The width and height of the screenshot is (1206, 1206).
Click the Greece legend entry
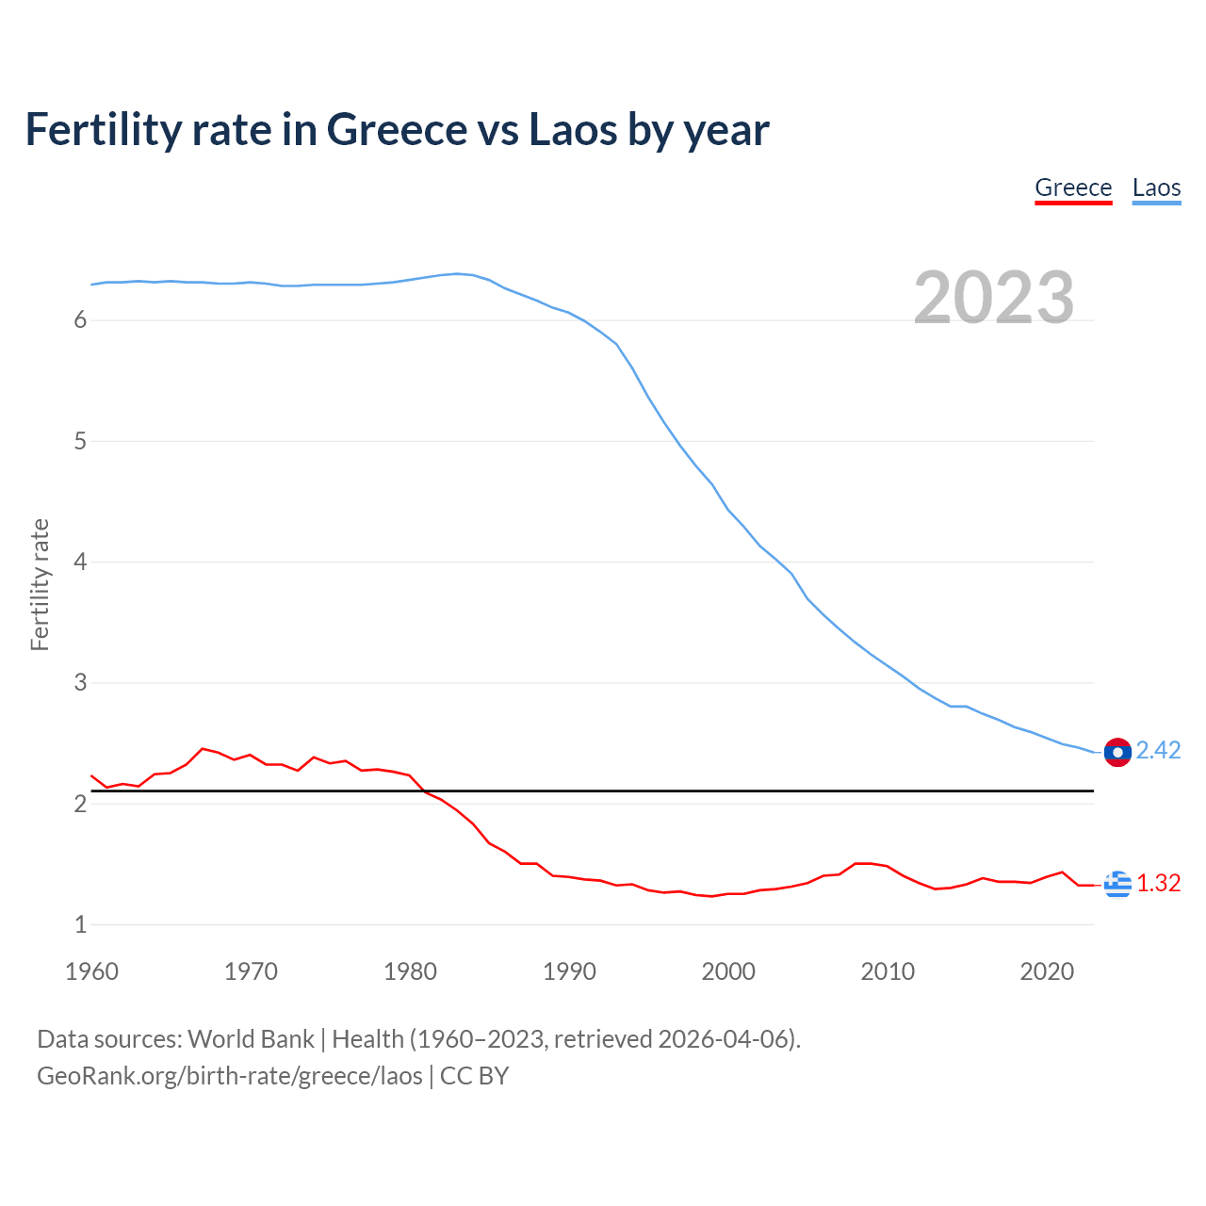(1073, 187)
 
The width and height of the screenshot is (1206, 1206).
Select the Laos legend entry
(1156, 187)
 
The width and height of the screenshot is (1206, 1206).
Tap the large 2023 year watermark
(993, 298)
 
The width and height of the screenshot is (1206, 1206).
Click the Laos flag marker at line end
(1117, 752)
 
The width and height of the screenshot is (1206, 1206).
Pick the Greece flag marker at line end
(1117, 884)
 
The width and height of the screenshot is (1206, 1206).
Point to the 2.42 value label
(1158, 750)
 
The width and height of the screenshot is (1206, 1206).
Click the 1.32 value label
(1158, 883)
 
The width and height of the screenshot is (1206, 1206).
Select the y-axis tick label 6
(80, 320)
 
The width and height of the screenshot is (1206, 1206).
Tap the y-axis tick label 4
(80, 562)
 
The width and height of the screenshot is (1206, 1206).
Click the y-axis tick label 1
(80, 925)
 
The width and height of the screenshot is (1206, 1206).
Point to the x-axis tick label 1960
(91, 971)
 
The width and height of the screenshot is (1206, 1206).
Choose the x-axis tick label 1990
(569, 971)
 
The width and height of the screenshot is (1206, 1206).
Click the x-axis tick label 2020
(1047, 971)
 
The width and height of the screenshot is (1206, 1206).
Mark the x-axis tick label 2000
(728, 971)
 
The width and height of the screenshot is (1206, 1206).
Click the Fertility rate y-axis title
(40, 584)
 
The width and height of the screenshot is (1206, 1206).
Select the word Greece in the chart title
(398, 129)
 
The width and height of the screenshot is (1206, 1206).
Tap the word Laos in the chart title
(572, 129)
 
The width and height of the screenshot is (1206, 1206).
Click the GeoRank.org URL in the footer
(229, 1076)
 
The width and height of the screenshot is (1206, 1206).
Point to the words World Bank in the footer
(251, 1039)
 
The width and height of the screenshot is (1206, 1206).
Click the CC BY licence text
(474, 1076)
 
